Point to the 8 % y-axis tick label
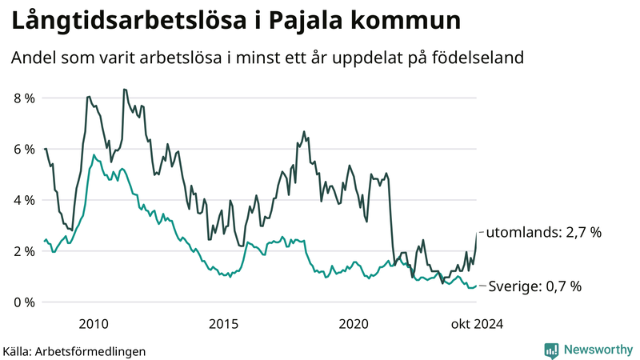coord(23,98)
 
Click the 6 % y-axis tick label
coord(23,150)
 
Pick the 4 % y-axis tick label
coord(23,200)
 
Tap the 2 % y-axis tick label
coord(23,251)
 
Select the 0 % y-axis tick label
coord(23,302)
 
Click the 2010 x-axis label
coord(94,324)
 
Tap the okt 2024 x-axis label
coord(477,324)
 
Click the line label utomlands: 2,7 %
coord(544,233)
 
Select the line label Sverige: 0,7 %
coord(534,286)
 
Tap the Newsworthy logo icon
coord(551,350)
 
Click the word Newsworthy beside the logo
coord(598,350)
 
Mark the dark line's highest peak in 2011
coord(124,89)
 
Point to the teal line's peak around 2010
coord(94,155)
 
